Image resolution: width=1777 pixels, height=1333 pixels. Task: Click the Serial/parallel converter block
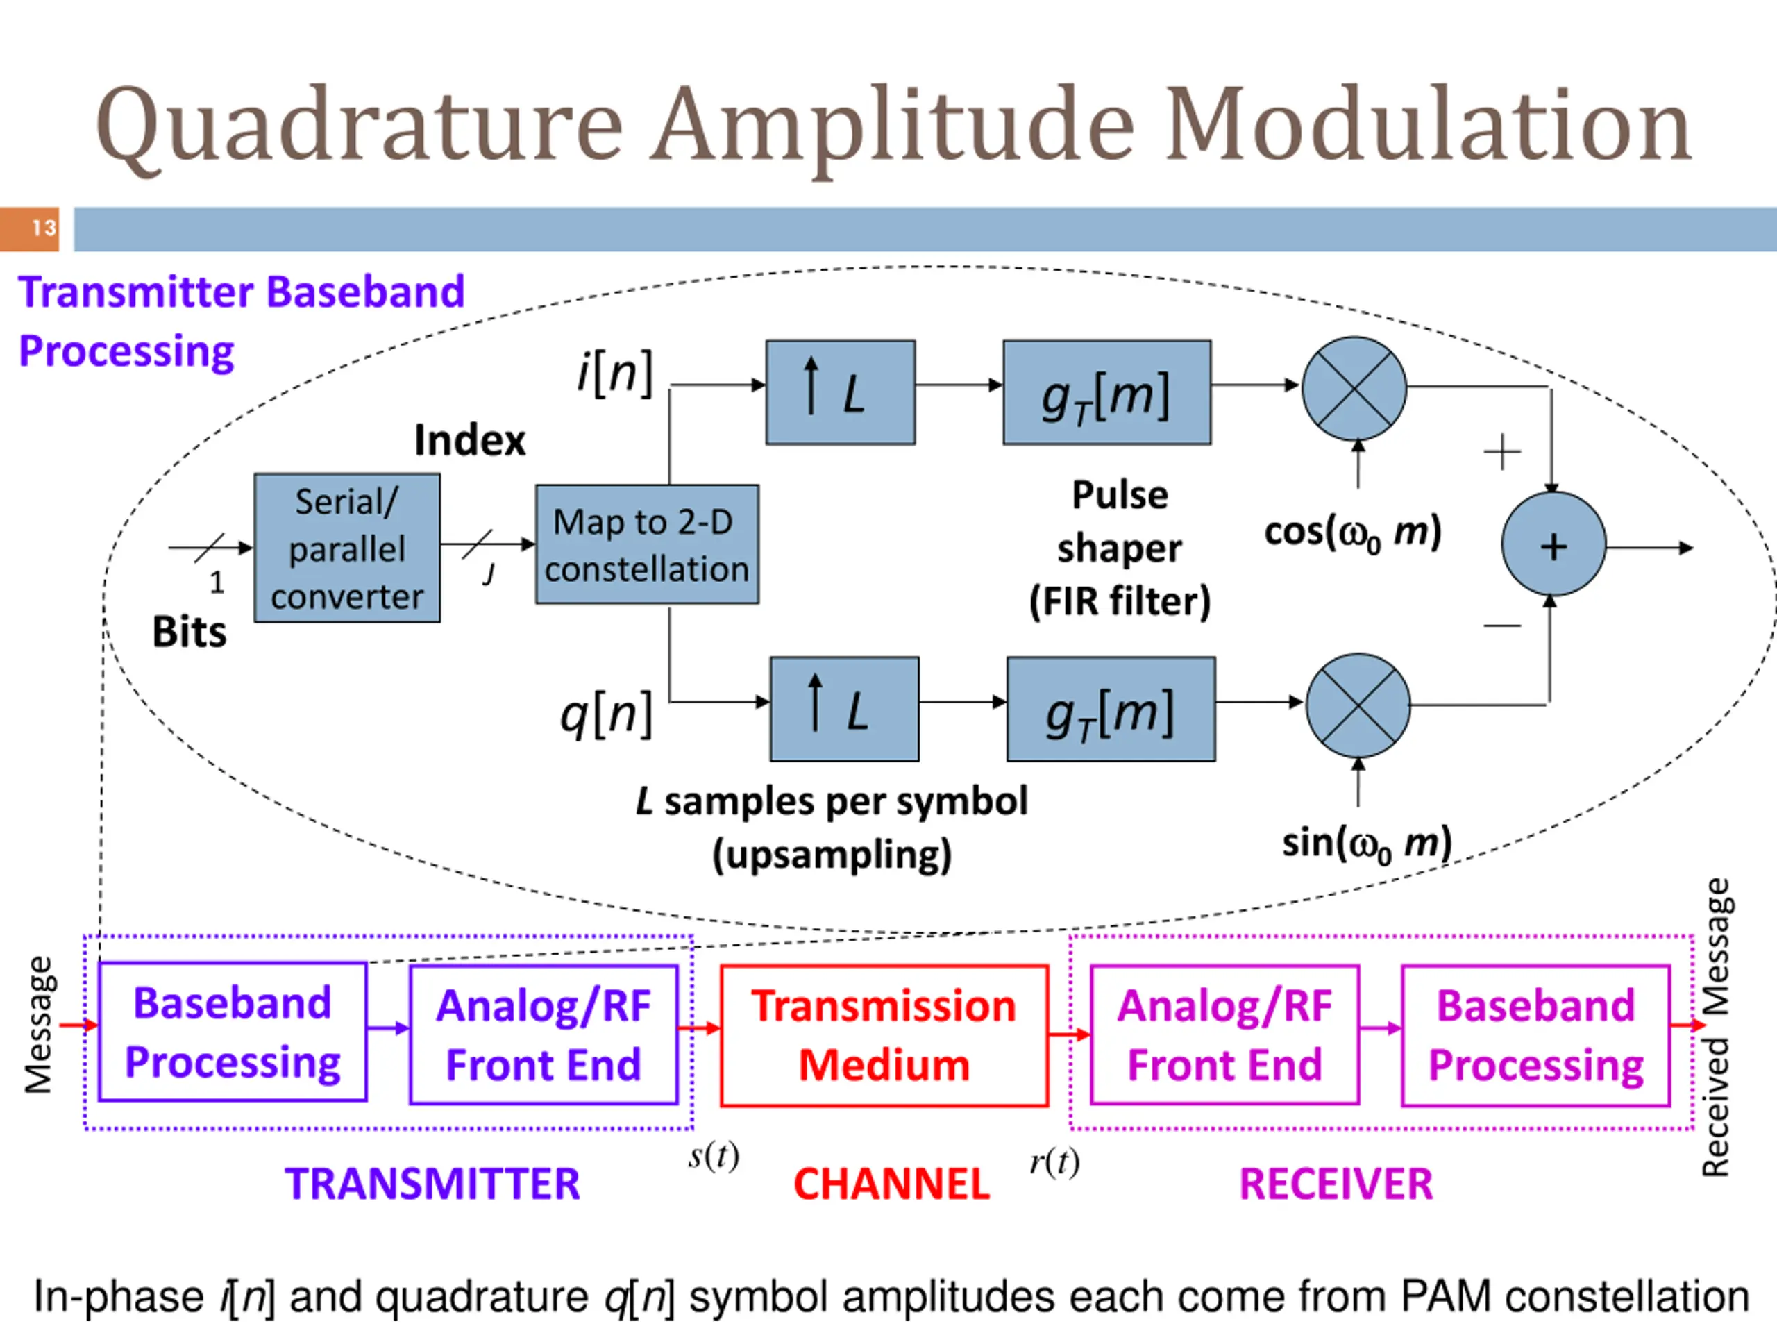coord(347,548)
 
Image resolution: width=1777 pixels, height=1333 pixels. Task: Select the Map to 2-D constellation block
coord(647,544)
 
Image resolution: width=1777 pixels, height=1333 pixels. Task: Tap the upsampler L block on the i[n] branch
coord(841,392)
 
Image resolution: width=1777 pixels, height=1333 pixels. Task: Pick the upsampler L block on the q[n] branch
coord(844,709)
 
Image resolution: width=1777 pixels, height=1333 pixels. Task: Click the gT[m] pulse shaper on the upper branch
coord(1107,392)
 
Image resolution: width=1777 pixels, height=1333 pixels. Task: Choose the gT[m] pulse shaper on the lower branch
coord(1111,709)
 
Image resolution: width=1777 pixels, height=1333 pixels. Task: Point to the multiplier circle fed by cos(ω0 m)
coord(1354,388)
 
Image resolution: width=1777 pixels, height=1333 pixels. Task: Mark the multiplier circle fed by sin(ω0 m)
coord(1358,705)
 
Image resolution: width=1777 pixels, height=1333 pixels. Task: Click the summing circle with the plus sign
coord(1553,544)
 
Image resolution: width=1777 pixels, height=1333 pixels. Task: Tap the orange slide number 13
coord(30,229)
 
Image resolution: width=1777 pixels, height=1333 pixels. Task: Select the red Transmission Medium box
coord(884,1036)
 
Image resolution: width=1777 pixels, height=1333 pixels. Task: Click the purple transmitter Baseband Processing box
coord(233,1032)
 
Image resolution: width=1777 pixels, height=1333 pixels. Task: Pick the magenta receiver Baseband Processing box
coord(1536,1035)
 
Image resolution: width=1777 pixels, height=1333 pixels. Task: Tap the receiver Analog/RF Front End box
coord(1225,1035)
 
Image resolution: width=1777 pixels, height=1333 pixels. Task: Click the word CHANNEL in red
coord(892,1184)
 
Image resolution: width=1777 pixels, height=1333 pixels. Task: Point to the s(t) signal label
coord(714,1156)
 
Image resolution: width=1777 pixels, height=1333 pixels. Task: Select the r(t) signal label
coord(1055,1162)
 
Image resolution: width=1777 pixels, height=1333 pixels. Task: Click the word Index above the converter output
coord(470,440)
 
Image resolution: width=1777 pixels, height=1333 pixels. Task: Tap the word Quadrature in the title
coord(360,127)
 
